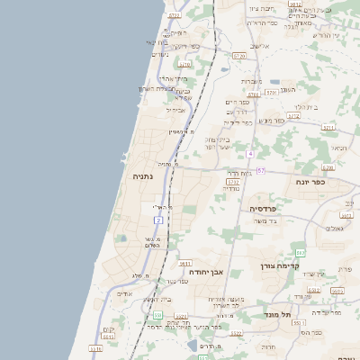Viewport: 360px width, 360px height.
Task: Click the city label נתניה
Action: coord(142,177)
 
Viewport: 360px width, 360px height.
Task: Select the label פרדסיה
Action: coord(267,208)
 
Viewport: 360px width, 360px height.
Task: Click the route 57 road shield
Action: coord(260,170)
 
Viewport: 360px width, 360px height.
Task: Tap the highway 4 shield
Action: coord(249,154)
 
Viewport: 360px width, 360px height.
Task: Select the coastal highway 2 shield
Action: coord(158,220)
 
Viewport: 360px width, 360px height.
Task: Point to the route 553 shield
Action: coord(157,315)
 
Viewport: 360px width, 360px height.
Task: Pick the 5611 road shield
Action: coord(186,264)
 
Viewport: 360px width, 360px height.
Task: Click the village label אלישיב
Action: coord(260,46)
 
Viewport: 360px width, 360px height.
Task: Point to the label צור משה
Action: coord(265,220)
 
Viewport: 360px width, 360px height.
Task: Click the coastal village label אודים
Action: coord(125,293)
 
